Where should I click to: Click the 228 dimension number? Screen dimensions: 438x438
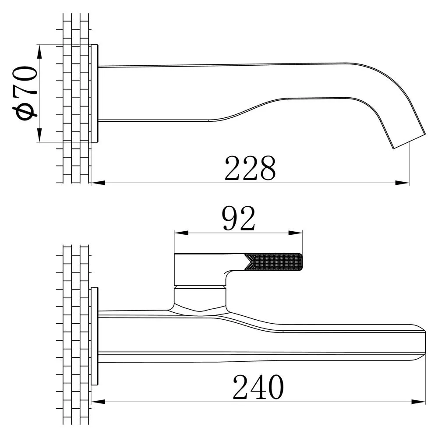[250, 168]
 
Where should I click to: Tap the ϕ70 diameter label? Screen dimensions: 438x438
[24, 93]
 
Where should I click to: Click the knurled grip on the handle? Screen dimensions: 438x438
[274, 262]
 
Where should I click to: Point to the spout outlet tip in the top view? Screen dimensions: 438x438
[409, 141]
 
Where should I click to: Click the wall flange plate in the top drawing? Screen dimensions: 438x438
[95, 93]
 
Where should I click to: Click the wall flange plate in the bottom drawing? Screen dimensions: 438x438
[95, 336]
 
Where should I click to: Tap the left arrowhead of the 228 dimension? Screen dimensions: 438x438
[98, 183]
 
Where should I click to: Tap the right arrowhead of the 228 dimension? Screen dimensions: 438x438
[403, 183]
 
